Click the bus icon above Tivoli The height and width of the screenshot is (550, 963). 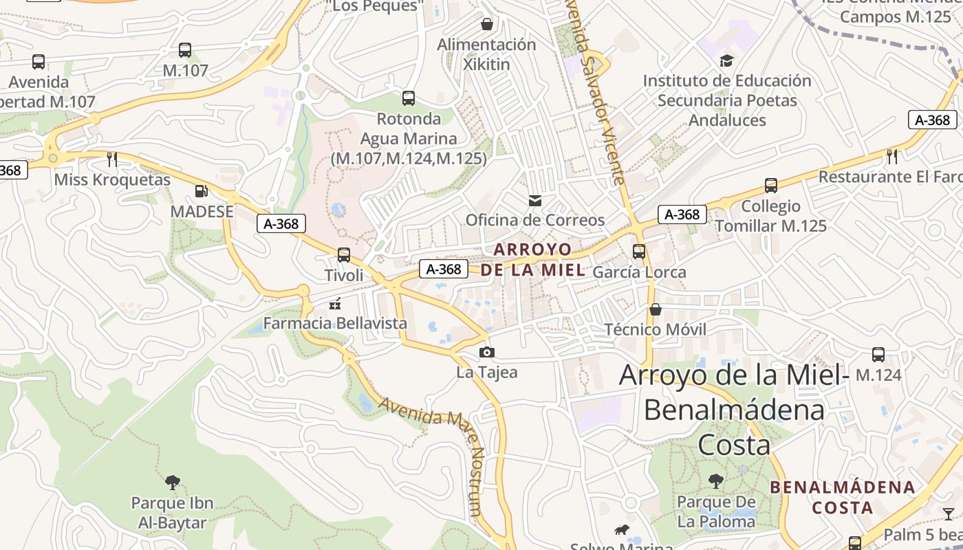pos(344,255)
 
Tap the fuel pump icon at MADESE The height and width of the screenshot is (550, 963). pos(201,191)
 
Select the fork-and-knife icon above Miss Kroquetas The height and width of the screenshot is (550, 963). pos(112,159)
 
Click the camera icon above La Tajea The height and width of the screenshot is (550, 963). pos(487,353)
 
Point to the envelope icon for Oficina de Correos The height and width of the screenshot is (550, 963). pos(534,201)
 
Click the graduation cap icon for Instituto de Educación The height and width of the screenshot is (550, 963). pos(726,61)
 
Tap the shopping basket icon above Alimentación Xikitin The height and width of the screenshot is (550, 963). pos(487,25)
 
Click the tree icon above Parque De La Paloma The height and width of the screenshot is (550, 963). pos(716,481)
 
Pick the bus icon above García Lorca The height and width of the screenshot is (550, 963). pos(639,252)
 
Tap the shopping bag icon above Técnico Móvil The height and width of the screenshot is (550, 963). pos(656,309)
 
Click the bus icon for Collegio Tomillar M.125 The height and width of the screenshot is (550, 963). pos(771,186)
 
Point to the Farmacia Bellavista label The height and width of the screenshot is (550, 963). pos(335,323)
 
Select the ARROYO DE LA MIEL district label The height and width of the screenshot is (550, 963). pos(533,259)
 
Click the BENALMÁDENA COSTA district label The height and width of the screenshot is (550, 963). pos(843,498)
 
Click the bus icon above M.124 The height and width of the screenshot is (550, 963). pos(878,355)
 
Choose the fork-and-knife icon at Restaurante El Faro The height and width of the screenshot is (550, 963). pos(892,157)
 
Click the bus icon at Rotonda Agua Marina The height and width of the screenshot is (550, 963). pos(409,98)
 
